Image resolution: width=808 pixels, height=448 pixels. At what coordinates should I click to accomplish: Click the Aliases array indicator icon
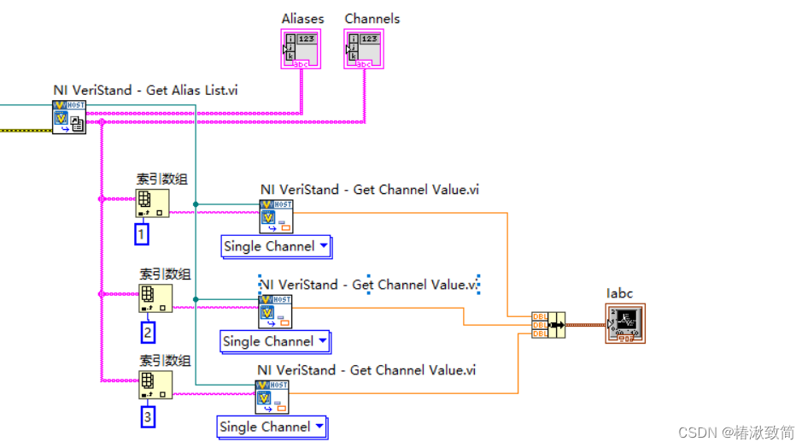[x=301, y=49]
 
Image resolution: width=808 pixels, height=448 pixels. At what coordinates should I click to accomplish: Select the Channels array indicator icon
[x=364, y=49]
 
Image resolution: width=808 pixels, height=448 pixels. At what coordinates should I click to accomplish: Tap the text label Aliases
[x=302, y=19]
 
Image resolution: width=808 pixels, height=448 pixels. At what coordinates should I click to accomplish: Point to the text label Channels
[x=372, y=19]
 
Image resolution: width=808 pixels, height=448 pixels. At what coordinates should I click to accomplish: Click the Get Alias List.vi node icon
[x=68, y=117]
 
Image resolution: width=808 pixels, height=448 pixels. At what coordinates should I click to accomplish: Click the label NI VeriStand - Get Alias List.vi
[x=145, y=90]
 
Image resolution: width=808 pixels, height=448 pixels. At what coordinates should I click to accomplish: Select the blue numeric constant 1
[x=141, y=233]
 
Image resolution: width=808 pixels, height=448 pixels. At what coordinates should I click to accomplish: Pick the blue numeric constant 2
[x=148, y=333]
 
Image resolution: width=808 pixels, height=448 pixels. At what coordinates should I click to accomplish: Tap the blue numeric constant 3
[x=148, y=418]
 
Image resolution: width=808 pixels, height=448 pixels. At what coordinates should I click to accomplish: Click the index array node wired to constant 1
[x=151, y=203]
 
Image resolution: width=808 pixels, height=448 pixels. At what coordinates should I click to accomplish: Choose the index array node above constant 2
[x=155, y=298]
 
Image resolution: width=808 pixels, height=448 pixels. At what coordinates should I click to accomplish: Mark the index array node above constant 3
[x=155, y=384]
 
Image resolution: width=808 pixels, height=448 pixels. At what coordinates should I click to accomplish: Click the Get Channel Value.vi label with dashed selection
[x=369, y=285]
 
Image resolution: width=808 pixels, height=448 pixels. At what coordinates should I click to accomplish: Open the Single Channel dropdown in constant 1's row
[x=276, y=246]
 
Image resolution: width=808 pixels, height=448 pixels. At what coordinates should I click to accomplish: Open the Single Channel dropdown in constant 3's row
[x=272, y=427]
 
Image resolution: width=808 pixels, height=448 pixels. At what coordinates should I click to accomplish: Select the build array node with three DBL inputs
[x=547, y=324]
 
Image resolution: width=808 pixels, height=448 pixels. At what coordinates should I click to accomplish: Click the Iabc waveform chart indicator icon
[x=625, y=323]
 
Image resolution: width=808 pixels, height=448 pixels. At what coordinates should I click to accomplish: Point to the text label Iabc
[x=619, y=293]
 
